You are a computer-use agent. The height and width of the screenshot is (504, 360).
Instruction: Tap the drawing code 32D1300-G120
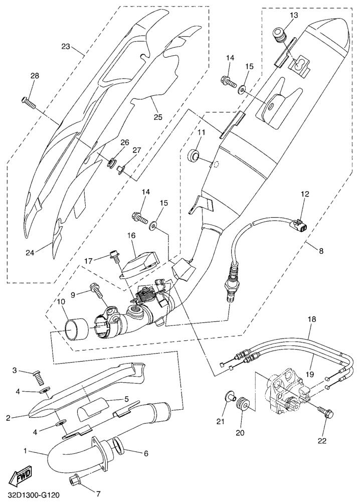coord(34,495)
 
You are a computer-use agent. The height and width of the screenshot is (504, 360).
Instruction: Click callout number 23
coord(66,47)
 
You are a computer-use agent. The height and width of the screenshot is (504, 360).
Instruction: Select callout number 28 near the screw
coord(34,76)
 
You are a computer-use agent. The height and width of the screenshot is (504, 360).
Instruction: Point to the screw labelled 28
coord(29,102)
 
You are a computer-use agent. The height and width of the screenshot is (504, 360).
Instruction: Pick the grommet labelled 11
coord(194,155)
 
